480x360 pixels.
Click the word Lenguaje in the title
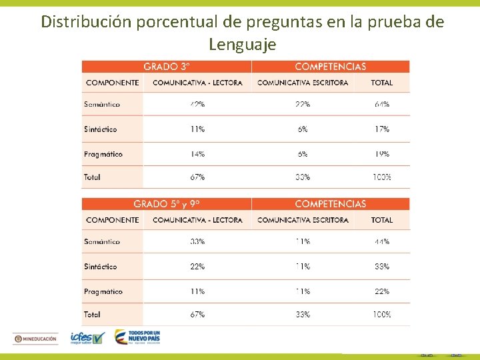(x=241, y=45)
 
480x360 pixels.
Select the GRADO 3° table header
(x=167, y=67)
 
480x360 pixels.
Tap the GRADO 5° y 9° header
(x=166, y=204)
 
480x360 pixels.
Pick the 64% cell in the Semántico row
(x=382, y=105)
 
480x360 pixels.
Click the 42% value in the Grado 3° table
(x=197, y=105)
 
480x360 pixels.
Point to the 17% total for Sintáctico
(x=382, y=129)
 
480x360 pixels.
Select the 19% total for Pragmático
(x=382, y=154)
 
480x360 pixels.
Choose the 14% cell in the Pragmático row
(x=197, y=154)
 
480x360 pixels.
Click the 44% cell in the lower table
(x=382, y=242)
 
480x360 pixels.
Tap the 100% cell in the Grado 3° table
(x=382, y=177)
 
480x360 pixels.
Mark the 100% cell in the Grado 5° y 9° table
(x=382, y=314)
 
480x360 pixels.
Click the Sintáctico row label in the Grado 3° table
(x=101, y=129)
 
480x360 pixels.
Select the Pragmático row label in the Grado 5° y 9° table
(x=103, y=291)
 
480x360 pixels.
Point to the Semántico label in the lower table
(x=102, y=242)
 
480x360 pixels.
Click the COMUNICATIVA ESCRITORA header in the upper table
(x=303, y=83)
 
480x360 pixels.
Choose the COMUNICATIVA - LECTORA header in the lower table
(x=197, y=220)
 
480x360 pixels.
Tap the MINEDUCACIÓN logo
(x=36, y=339)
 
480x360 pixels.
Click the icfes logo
(x=87, y=339)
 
